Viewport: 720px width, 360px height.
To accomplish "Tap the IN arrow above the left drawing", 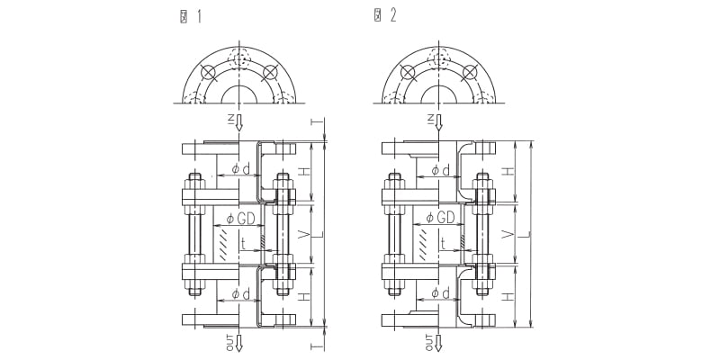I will [x=238, y=123].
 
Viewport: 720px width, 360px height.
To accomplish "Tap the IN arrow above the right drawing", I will [x=438, y=123].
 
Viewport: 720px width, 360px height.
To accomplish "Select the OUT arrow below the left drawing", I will [x=238, y=342].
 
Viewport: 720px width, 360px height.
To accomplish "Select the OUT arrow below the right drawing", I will [x=438, y=342].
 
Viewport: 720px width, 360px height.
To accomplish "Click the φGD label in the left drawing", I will [x=240, y=218].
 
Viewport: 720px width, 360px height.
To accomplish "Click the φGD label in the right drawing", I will [x=440, y=218].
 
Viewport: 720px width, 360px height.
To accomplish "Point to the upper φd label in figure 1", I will [x=240, y=169].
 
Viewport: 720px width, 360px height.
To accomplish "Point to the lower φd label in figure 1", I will [x=240, y=294].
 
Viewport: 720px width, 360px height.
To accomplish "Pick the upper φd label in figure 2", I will [x=440, y=169].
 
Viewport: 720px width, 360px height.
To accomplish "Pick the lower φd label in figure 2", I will [x=440, y=294].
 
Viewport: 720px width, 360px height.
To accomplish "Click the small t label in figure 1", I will [x=243, y=242].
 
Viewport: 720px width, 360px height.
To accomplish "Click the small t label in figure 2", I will [x=443, y=242].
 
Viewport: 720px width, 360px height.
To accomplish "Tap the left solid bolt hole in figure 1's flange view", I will [x=208, y=72].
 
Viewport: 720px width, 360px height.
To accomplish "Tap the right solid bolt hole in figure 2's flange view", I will [x=469, y=72].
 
